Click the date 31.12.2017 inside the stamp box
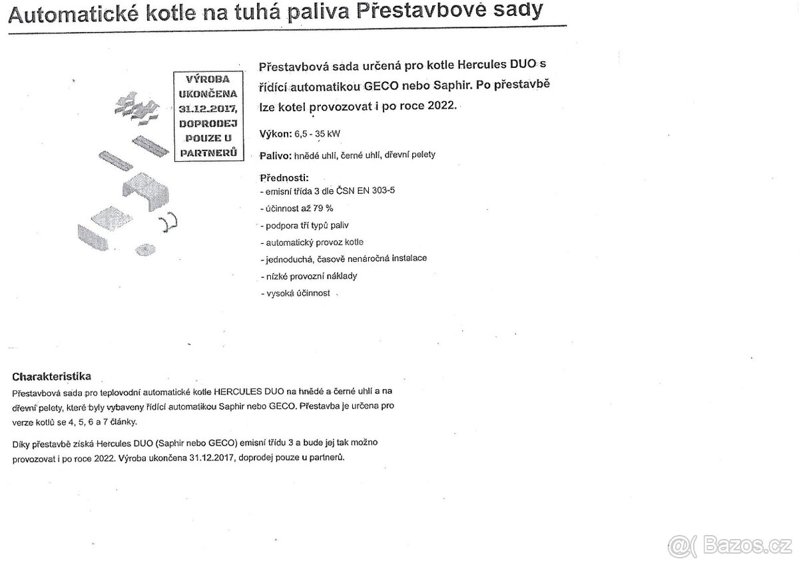207,107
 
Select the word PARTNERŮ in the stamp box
207,153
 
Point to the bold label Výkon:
275,134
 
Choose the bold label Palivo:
275,155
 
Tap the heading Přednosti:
284,178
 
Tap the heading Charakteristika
51,376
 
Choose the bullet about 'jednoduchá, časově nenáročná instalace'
344,259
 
